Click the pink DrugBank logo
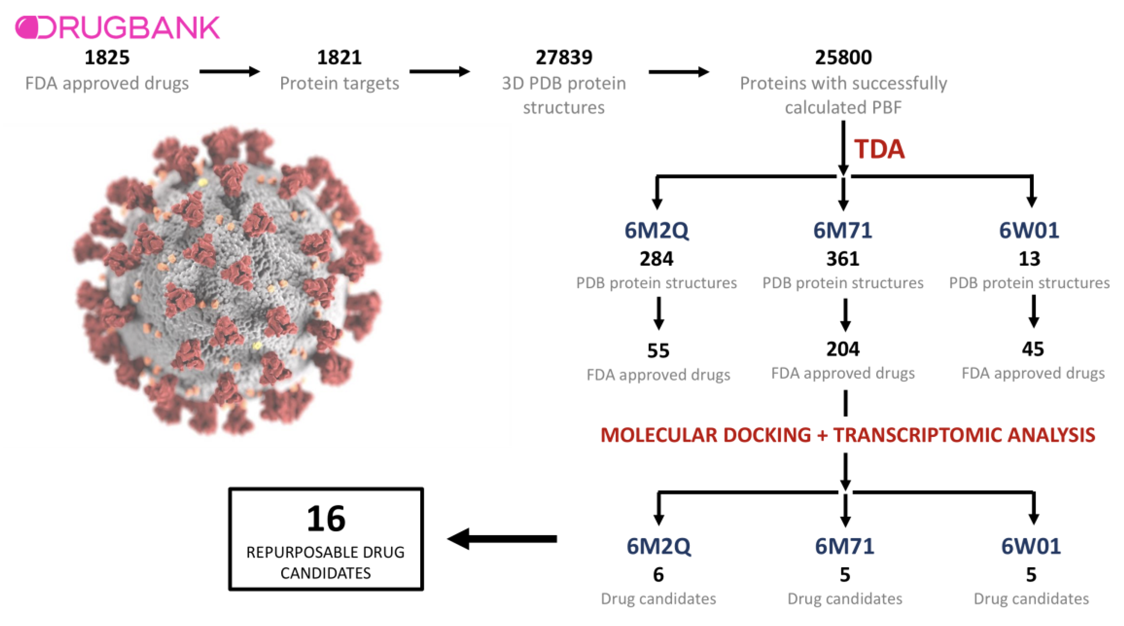(x=117, y=28)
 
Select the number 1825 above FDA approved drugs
(x=107, y=57)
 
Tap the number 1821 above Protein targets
(x=339, y=57)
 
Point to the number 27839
(x=564, y=57)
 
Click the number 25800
(x=843, y=57)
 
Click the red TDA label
(x=879, y=149)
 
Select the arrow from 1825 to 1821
(x=230, y=72)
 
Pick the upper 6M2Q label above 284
(x=656, y=230)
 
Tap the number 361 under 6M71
(x=843, y=259)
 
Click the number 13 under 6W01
(x=1029, y=259)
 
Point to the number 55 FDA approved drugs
(x=658, y=350)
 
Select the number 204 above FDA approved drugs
(x=843, y=349)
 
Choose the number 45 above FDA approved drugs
(x=1032, y=349)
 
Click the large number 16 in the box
(x=326, y=519)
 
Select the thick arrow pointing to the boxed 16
(x=502, y=539)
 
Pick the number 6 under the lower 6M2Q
(x=658, y=574)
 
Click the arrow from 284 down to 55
(x=659, y=313)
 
